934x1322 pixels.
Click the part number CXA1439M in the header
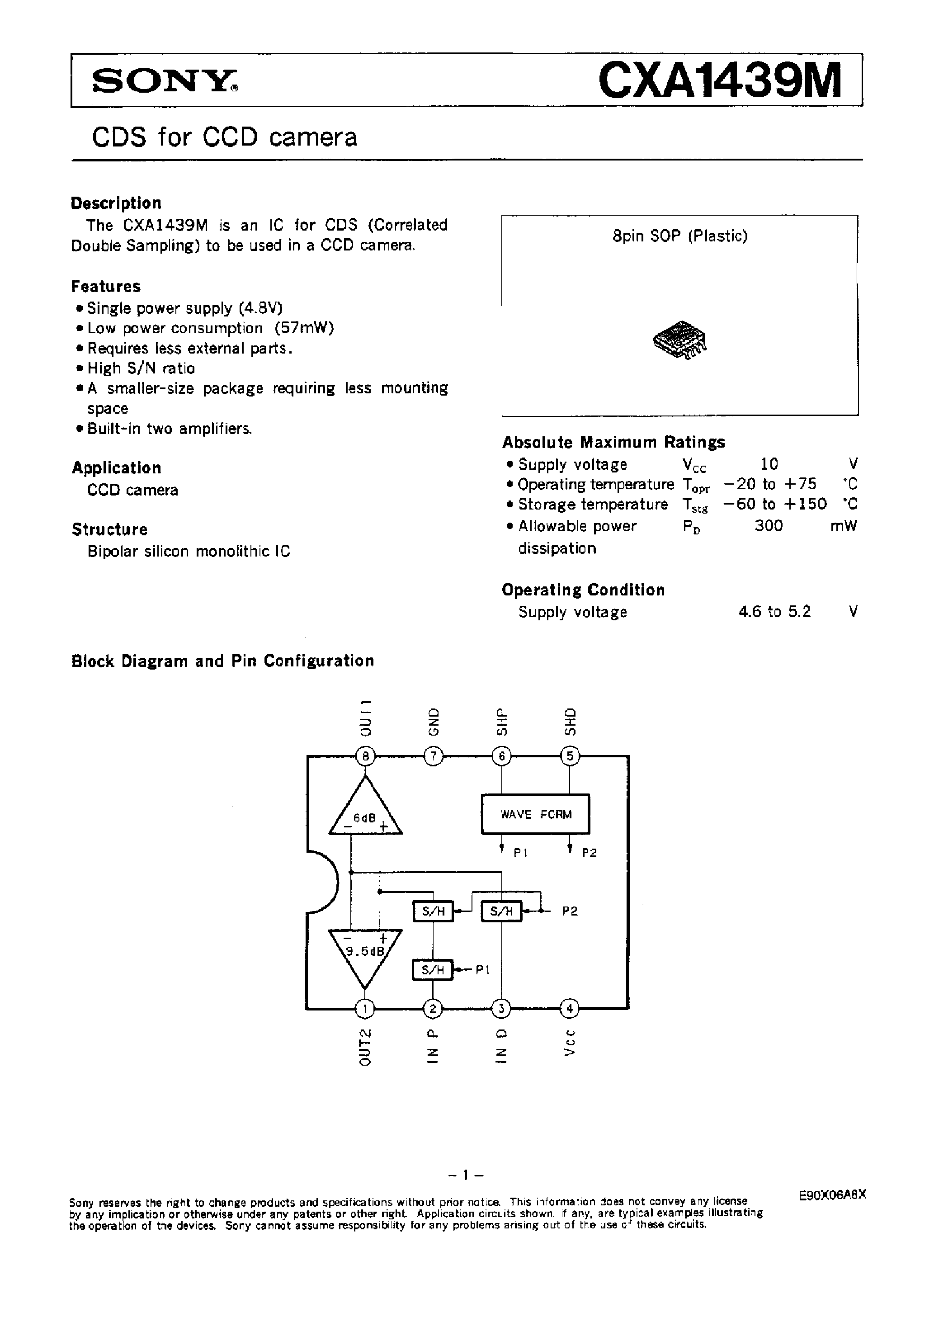pos(720,80)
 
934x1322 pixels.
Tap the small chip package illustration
pos(680,340)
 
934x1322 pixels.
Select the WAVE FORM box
pos(536,814)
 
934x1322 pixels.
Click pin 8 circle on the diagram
pos(365,756)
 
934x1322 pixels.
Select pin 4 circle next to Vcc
pos(570,1008)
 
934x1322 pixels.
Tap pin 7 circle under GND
pos(433,756)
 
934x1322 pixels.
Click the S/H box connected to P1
pos(433,970)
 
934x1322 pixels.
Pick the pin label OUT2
pos(365,1046)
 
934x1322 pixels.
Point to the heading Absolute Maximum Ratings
pos(613,442)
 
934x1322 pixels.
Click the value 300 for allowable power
pos(769,526)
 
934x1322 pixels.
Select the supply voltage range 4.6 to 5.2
pos(774,611)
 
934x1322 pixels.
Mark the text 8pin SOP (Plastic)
pos(680,236)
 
